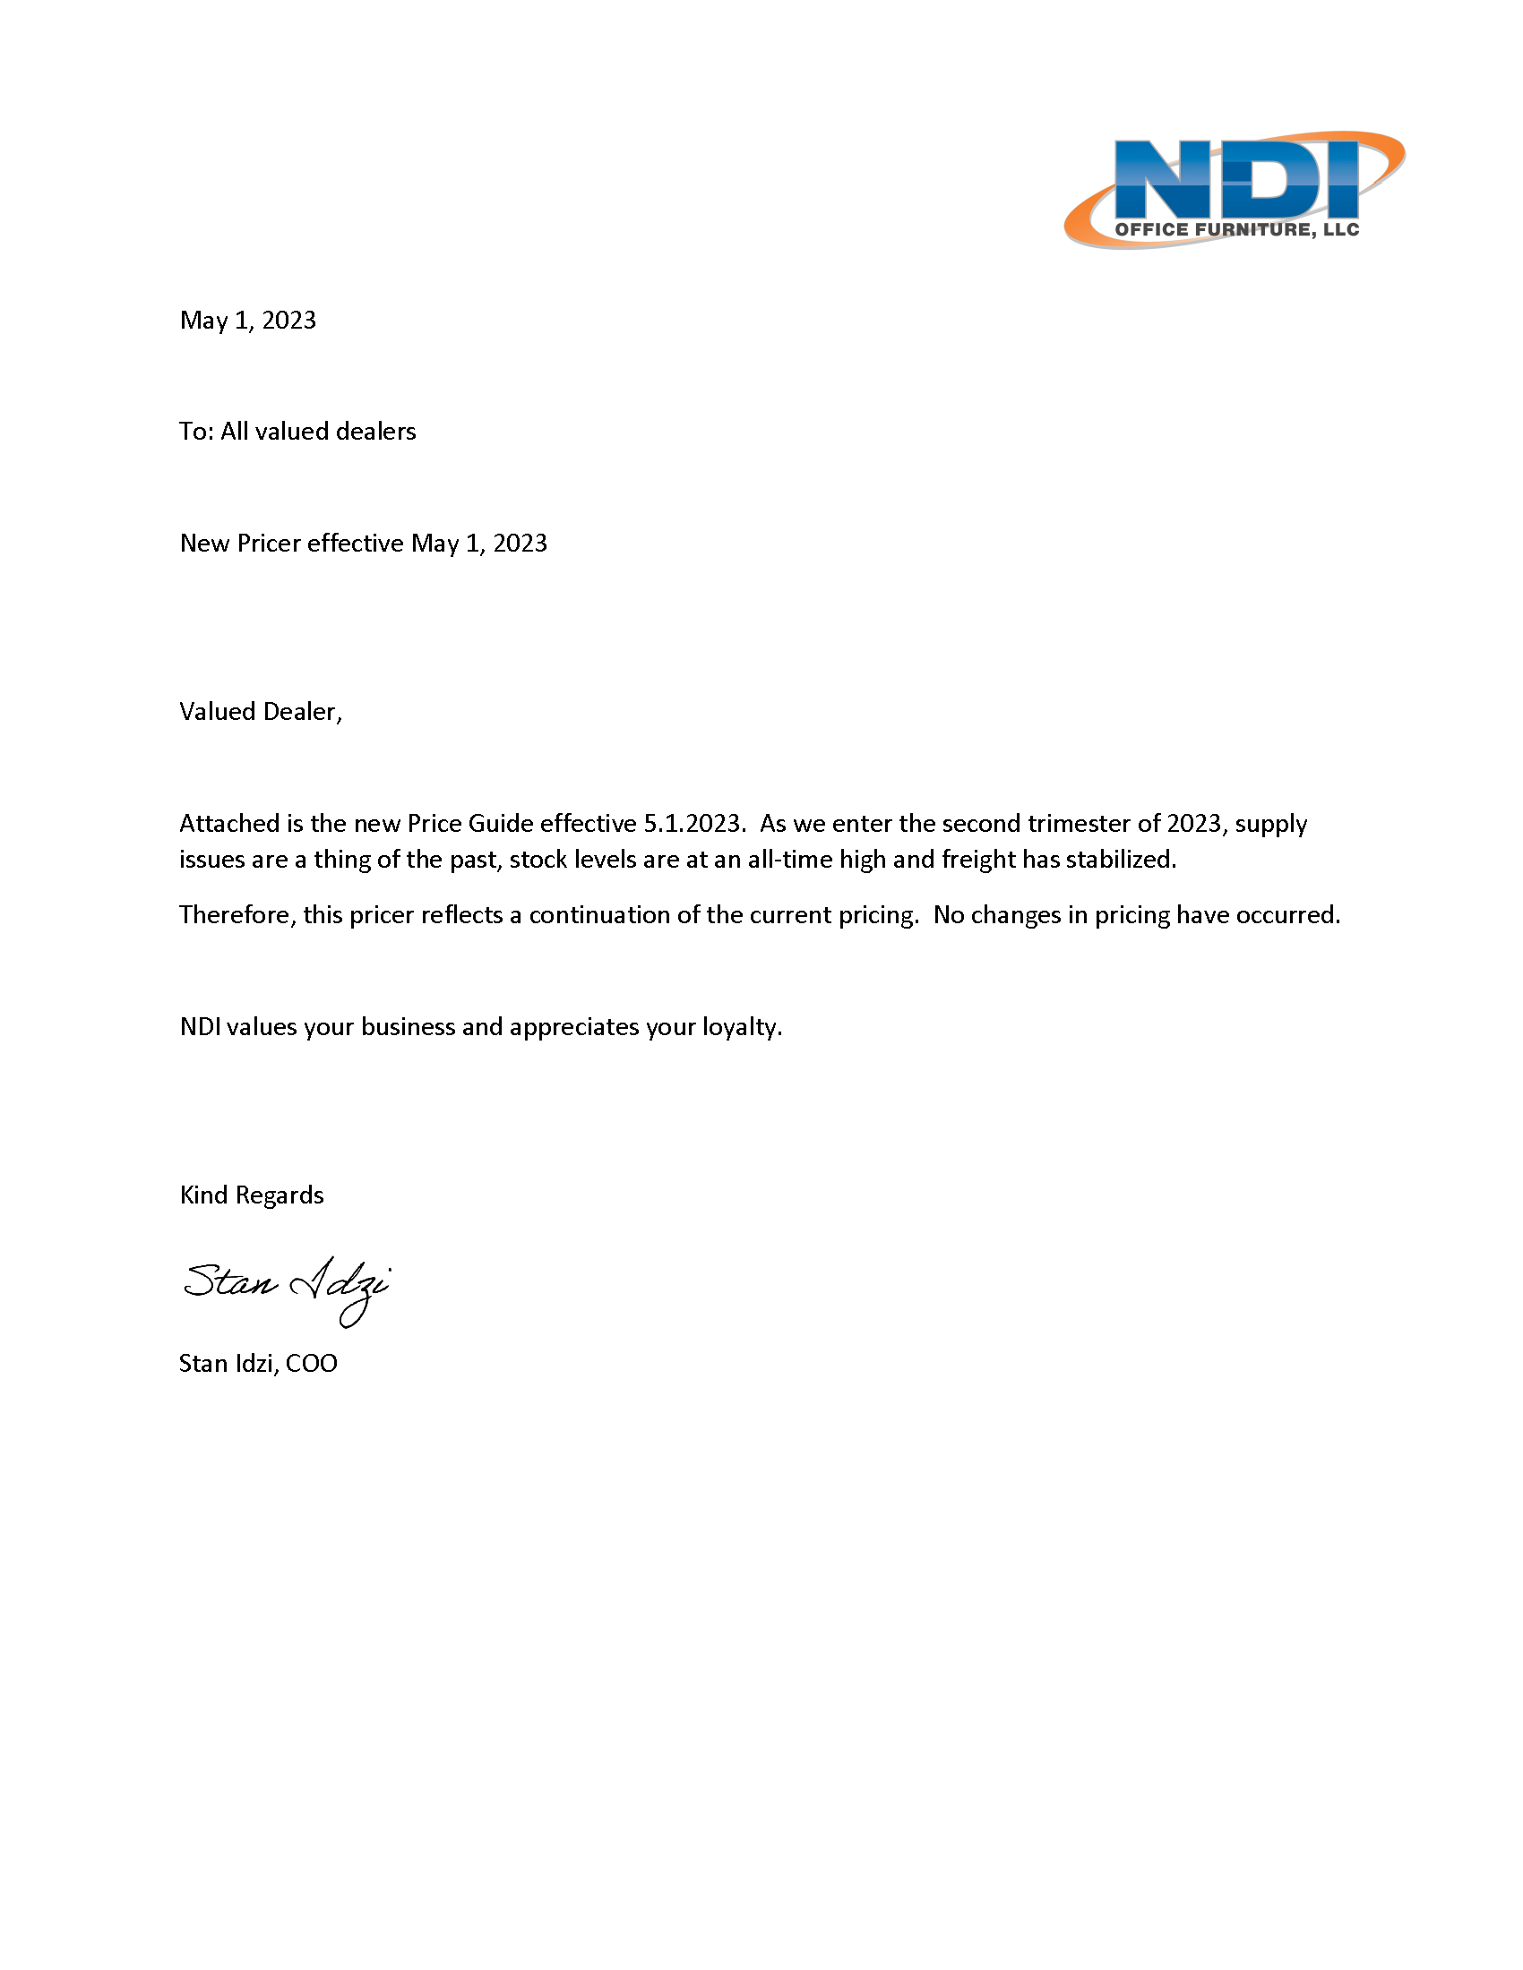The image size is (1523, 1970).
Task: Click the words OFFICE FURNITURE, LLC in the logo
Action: [x=1236, y=229]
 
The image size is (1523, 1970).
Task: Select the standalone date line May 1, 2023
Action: [x=248, y=321]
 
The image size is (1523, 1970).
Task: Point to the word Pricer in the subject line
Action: [x=269, y=543]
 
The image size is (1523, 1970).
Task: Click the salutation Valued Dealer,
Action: [x=261, y=712]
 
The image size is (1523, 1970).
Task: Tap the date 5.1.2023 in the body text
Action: [x=693, y=824]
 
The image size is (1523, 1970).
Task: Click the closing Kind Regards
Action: [x=252, y=1195]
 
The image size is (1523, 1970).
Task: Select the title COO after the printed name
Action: [x=311, y=1363]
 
